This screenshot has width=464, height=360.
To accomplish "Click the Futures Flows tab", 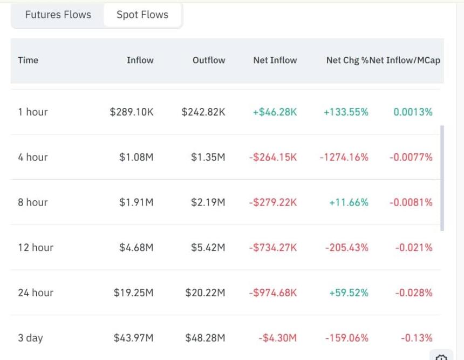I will point(58,15).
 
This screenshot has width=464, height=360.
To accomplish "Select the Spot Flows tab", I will point(142,15).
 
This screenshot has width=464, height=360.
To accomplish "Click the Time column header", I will point(28,60).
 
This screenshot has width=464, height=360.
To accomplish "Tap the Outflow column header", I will point(209,60).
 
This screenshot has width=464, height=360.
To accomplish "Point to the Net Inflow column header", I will point(275,60).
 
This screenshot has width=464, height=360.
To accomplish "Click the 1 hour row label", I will point(33,112).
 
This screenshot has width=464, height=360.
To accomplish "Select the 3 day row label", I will point(30,338).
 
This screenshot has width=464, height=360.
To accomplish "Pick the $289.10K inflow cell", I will point(132,112).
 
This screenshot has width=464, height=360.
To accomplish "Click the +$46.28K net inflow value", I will point(275,112).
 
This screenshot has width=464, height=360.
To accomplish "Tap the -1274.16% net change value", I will point(344,158).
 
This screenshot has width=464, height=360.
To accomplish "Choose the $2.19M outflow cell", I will point(208,202).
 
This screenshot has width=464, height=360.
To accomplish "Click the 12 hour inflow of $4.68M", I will point(136,248).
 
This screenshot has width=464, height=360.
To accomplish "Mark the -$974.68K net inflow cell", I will point(272,293).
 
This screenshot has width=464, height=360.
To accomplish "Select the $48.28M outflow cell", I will point(205,338).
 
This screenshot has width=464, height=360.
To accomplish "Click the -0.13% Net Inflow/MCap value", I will point(417,338).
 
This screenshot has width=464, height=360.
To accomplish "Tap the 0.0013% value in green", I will point(413,112).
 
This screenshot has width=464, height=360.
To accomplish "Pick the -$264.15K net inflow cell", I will point(272,158).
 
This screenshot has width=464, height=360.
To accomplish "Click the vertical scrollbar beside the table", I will point(443,178).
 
